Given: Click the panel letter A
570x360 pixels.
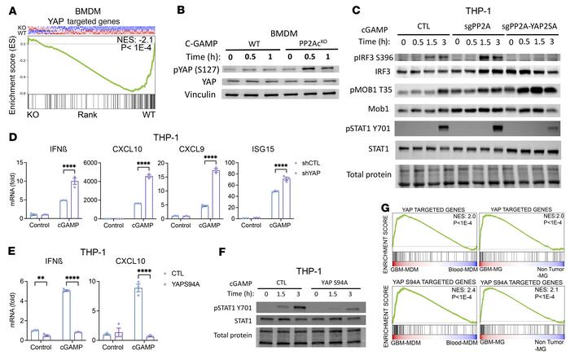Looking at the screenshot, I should pyautogui.click(x=9, y=9).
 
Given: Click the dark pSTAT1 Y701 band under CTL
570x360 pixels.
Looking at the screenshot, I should pyautogui.click(x=446, y=150).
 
